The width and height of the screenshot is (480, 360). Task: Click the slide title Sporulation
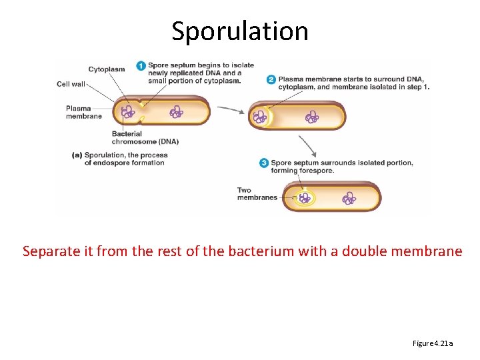[240, 31]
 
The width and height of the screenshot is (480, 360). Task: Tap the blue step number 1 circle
[141, 65]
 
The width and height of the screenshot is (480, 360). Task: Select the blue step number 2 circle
[271, 79]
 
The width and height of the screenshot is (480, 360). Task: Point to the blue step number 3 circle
[264, 163]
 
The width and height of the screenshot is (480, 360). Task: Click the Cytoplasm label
[105, 69]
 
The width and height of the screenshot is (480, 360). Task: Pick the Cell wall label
[71, 84]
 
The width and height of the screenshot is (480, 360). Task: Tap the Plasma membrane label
[83, 112]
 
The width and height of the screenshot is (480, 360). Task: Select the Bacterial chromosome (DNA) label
[145, 137]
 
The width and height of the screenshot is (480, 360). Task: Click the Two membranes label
[257, 194]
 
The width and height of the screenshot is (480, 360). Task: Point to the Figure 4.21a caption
[433, 343]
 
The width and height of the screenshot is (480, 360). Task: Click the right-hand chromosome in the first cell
[177, 112]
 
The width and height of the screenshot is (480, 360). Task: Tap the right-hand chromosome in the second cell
[311, 118]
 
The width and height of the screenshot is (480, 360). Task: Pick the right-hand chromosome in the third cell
[349, 198]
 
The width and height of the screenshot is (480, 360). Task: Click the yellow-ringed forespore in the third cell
[305, 198]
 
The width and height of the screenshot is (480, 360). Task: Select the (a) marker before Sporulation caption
[77, 155]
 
